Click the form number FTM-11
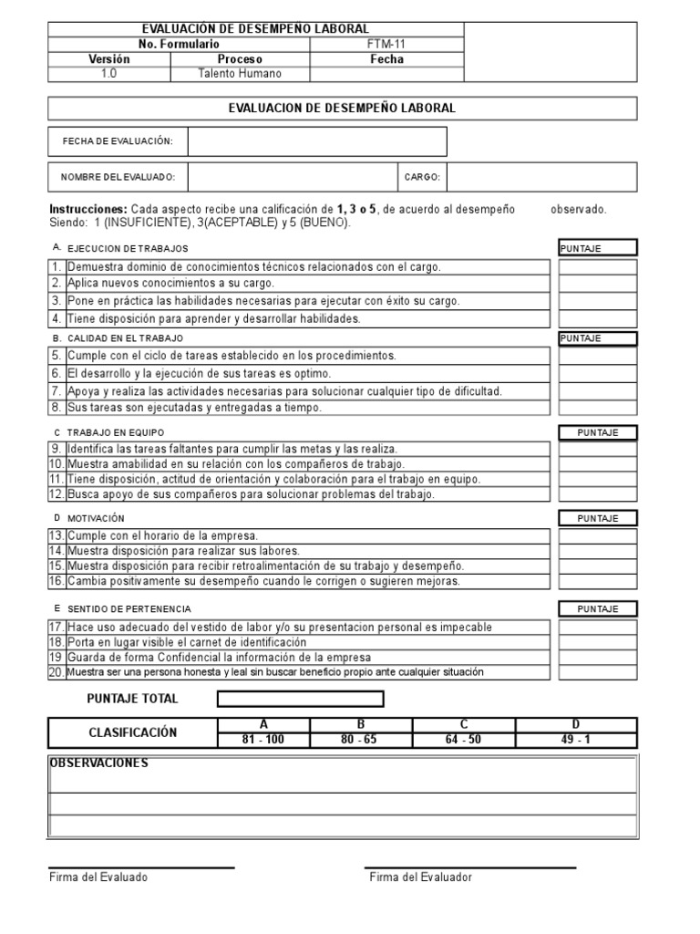coord(387,44)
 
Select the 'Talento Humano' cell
coord(240,74)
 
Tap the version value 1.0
coord(108,74)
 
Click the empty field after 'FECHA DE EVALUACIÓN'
coord(316,141)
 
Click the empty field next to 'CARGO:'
coord(541,177)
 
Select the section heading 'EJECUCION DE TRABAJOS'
coord(128,248)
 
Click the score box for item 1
coord(597,267)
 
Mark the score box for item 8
coord(597,408)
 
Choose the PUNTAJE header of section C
coord(597,432)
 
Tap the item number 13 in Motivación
coord(57,535)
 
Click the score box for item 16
coord(597,581)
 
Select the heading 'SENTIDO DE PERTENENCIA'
coord(129,608)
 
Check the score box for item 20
coord(597,672)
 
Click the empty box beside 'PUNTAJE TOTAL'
coord(300,699)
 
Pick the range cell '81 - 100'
coord(263,740)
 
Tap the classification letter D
coord(576,724)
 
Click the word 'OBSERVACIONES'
coord(98,763)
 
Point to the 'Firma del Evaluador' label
coord(420,877)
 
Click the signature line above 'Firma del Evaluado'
coord(141,867)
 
